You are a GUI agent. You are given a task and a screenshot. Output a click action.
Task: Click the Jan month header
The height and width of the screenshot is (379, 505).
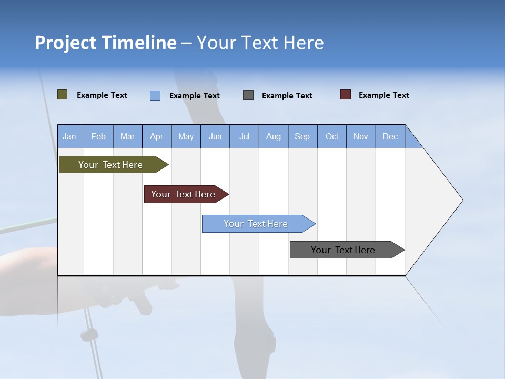tap(69, 136)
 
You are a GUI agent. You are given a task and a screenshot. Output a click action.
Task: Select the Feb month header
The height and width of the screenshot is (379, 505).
tap(98, 136)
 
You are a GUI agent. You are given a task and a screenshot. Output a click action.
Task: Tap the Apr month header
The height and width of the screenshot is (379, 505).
tap(156, 136)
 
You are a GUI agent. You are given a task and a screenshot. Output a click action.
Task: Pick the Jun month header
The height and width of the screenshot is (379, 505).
tap(215, 136)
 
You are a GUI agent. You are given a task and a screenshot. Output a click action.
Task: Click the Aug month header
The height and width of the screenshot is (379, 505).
tap(273, 136)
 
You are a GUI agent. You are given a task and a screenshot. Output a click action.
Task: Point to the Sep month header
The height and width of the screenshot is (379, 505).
tap(302, 136)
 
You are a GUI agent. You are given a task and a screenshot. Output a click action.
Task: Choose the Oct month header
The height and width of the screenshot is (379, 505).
tap(332, 136)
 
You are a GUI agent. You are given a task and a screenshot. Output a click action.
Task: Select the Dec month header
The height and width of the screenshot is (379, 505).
tap(390, 136)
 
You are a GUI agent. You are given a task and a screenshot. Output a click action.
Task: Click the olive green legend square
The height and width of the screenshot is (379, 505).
tap(62, 95)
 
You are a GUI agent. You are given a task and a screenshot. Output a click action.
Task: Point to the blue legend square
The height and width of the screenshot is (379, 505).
tap(155, 95)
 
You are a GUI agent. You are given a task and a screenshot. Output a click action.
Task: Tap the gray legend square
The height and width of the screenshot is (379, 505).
tap(248, 95)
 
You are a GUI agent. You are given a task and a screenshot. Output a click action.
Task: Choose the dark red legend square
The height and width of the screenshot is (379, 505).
tap(346, 95)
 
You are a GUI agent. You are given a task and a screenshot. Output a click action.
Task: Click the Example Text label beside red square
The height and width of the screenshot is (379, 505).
tap(383, 95)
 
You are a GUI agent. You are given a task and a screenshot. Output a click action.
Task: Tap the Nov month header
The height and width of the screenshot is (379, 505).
tap(361, 136)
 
